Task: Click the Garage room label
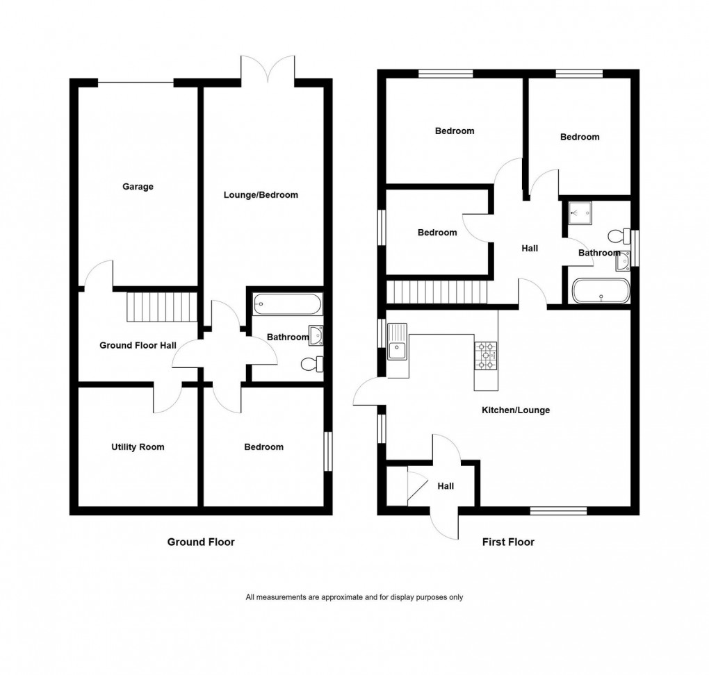point(138,186)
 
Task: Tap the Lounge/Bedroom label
point(261,195)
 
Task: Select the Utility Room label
point(138,447)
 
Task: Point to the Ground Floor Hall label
point(138,345)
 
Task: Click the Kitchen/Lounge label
point(516,410)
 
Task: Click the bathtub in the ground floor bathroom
point(287,303)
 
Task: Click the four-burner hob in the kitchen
point(485,356)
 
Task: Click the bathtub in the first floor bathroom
point(601,291)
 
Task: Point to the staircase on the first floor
point(437,292)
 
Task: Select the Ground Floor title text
point(201,542)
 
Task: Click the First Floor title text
point(508,542)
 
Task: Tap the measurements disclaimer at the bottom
point(354,597)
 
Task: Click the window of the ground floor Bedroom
point(329,452)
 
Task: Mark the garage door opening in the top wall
point(136,83)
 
